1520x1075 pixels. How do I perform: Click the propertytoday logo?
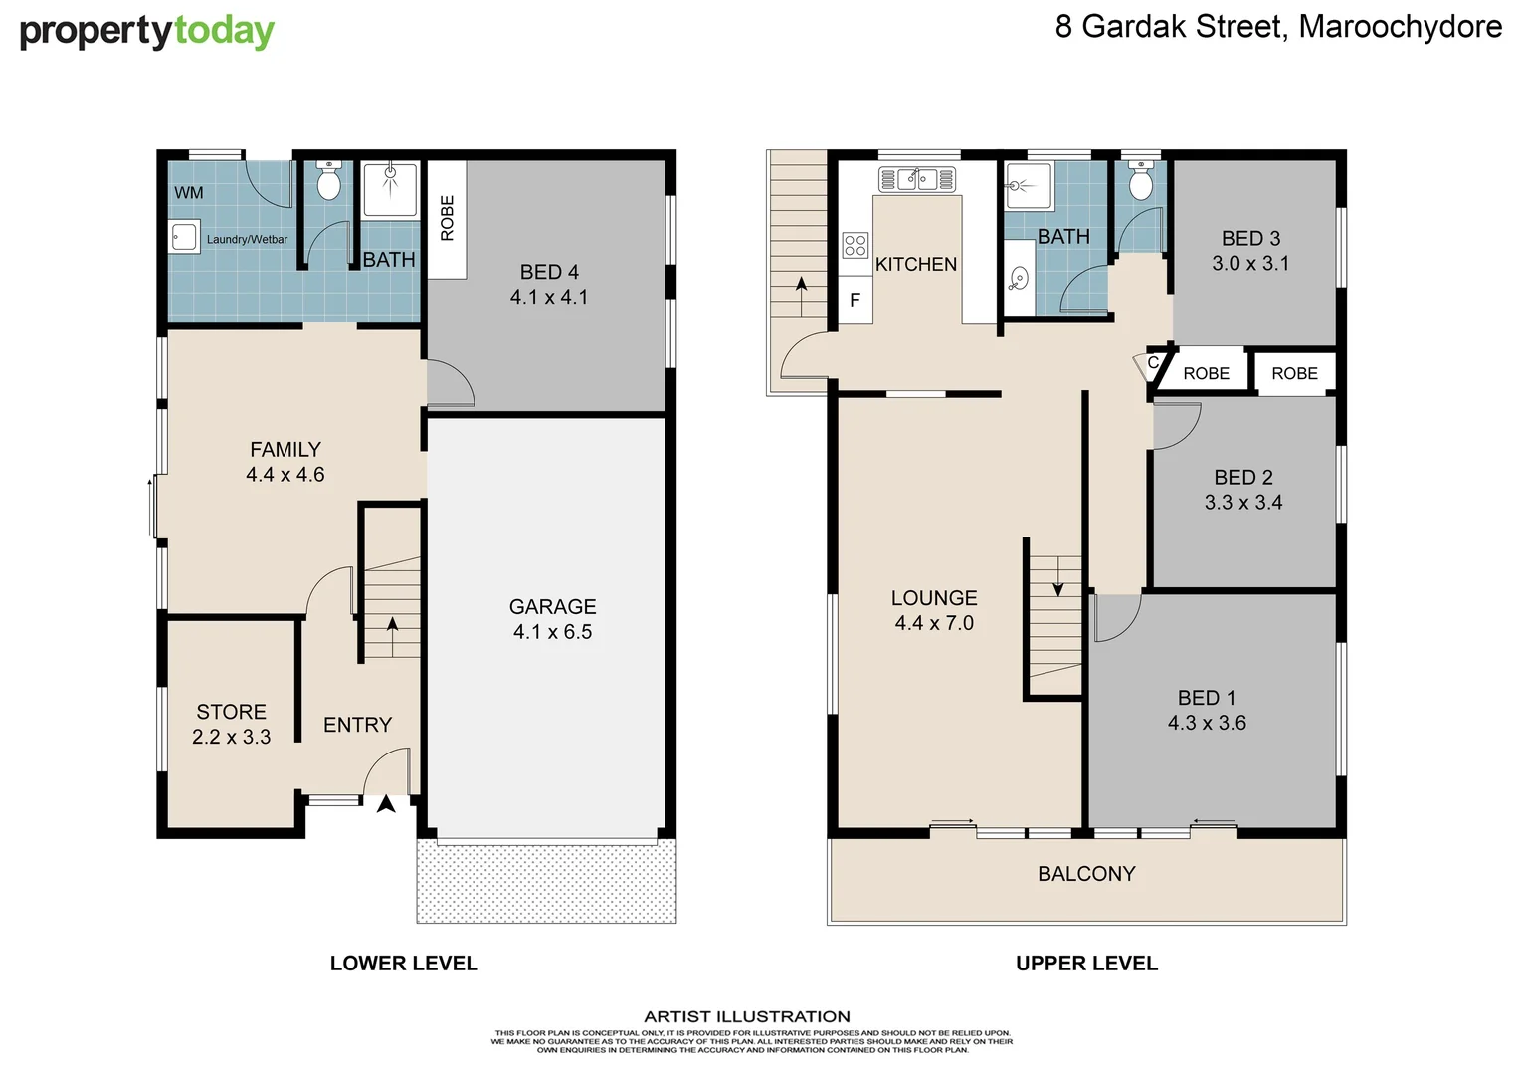146,32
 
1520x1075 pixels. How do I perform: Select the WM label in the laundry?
188,193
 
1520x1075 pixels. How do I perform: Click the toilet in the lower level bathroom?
328,182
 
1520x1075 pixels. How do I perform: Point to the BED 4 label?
549,273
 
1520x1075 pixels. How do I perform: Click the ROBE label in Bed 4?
447,218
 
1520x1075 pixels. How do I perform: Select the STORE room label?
231,712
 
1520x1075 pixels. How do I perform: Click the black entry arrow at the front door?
386,804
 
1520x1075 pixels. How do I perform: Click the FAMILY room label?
285,450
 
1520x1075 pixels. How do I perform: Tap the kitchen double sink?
916,179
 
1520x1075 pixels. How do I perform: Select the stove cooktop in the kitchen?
855,245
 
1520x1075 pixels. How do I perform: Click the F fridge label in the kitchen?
855,300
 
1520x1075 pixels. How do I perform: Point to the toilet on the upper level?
1141,182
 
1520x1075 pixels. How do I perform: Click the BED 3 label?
1250,239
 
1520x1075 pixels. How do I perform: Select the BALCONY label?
1086,874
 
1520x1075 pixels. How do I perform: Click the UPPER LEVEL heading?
1086,964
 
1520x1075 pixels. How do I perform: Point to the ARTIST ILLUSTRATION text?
747,1016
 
